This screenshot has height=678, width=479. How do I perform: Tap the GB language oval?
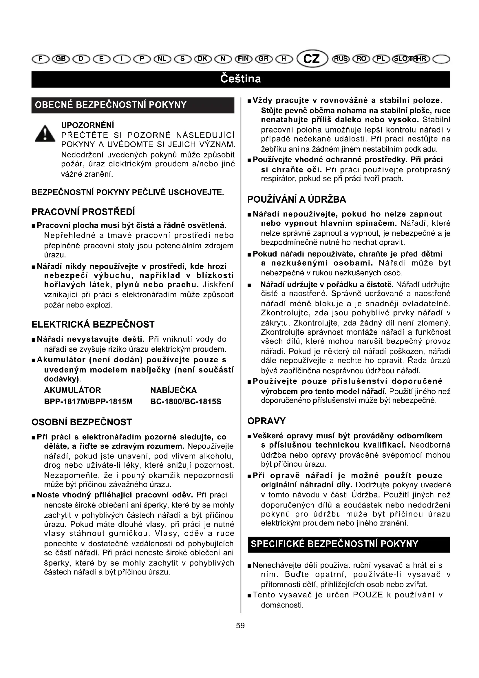point(61,59)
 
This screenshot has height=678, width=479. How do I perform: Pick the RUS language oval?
point(341,59)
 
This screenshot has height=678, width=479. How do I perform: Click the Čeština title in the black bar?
point(240,79)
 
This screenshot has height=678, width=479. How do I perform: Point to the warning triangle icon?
point(45,134)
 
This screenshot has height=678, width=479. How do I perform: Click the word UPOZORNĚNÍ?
point(87,125)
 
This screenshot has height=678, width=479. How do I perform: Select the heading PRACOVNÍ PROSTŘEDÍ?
point(83,212)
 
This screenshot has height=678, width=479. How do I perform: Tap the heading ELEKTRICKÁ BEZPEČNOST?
point(93,325)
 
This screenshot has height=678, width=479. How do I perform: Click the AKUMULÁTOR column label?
point(72,390)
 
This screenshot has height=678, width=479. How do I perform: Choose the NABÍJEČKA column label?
point(173,390)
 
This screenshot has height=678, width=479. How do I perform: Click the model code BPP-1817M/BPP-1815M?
point(88,401)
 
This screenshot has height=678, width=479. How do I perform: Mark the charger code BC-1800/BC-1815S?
point(186,401)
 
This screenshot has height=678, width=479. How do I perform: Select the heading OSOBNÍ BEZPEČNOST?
point(81,422)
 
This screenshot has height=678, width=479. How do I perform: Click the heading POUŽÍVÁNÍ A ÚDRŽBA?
point(297,200)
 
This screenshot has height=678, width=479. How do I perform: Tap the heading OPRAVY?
point(267,421)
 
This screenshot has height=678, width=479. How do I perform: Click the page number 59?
point(240,625)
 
